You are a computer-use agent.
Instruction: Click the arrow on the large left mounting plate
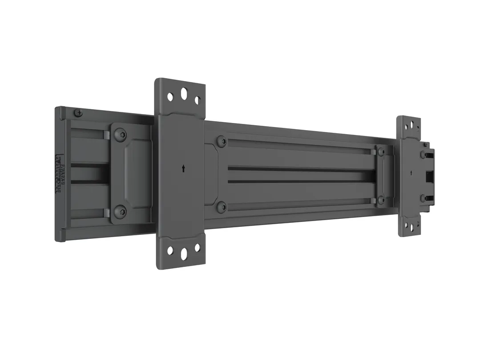coord(183,168)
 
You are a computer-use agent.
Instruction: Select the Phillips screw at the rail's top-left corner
coord(79,113)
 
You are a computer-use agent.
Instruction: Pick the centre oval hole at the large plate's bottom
coord(184,253)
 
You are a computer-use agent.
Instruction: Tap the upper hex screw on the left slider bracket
coord(119,135)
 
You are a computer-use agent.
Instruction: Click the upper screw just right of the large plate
coord(221,142)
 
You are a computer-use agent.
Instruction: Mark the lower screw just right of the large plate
coord(221,206)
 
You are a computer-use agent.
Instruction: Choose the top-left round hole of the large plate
coord(170,96)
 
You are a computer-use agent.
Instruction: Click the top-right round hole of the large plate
coord(197,101)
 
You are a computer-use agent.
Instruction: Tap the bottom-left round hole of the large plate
coord(170,250)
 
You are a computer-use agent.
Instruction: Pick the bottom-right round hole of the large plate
coord(197,248)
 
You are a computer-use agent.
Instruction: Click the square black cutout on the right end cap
coord(429,177)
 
